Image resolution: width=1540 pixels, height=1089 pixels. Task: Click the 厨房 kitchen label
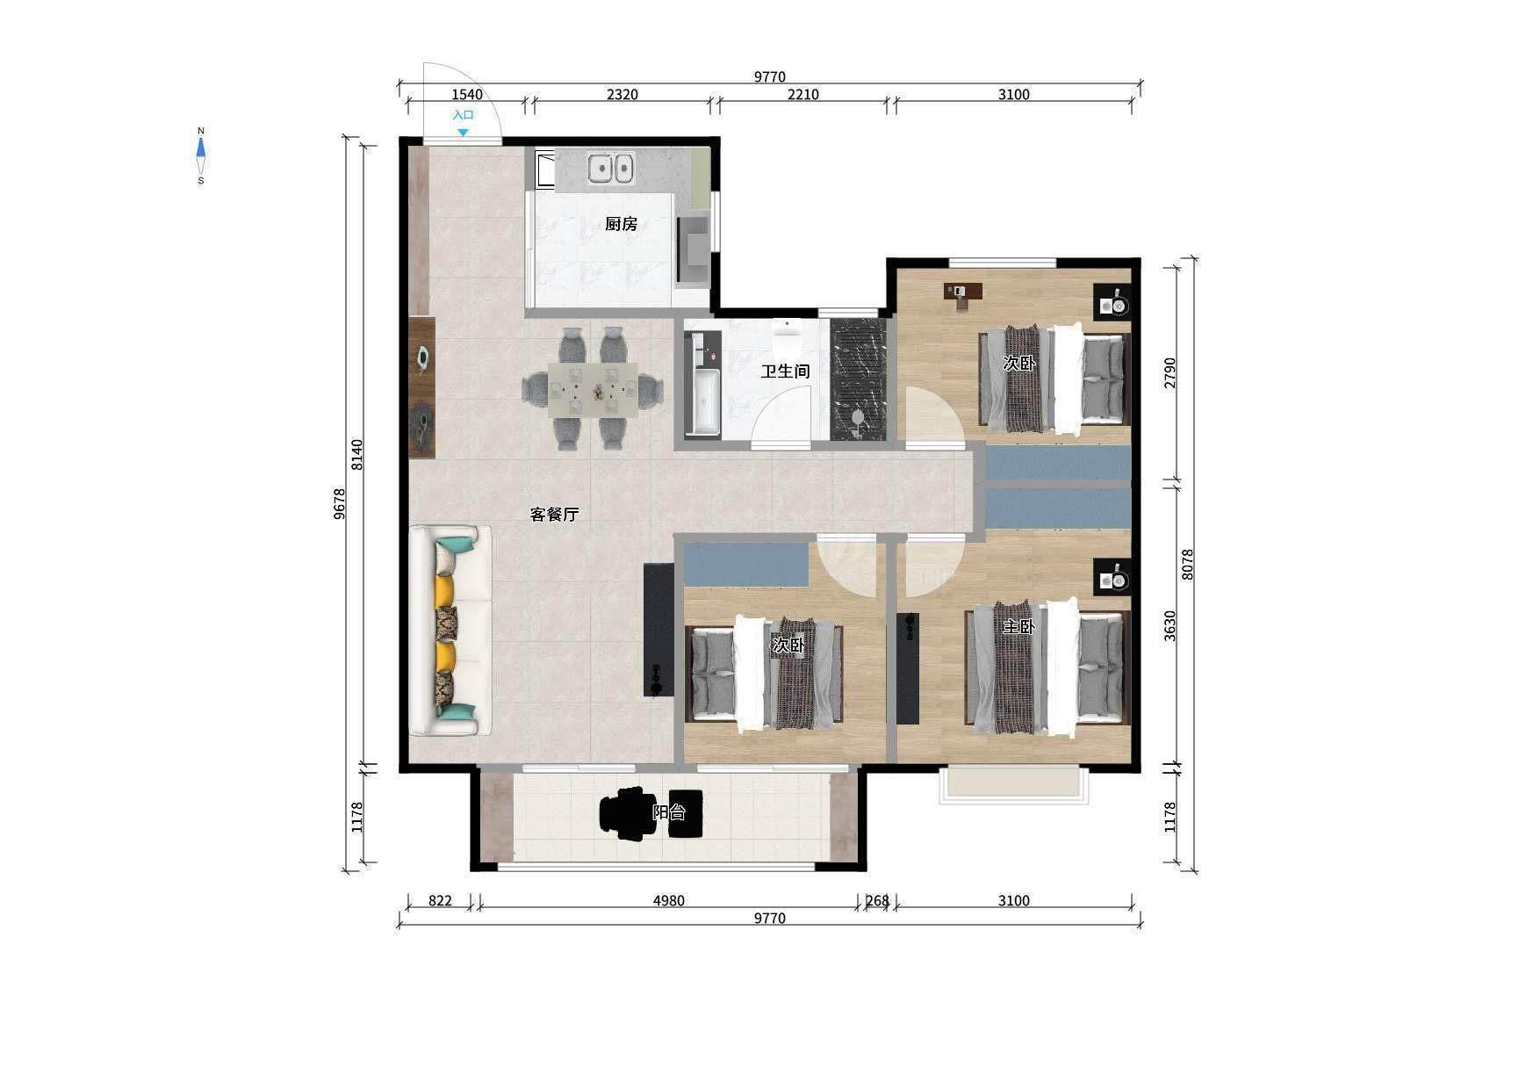(x=621, y=224)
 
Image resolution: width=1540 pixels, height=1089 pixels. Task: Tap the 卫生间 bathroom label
(x=785, y=371)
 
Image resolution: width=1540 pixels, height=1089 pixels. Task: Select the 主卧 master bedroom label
(x=1019, y=627)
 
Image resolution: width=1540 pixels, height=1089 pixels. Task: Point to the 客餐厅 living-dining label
(x=554, y=515)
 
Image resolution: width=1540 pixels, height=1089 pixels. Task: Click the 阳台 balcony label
(x=669, y=812)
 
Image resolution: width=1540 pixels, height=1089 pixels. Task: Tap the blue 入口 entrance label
(x=463, y=115)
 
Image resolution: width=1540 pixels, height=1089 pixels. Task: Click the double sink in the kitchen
(x=611, y=168)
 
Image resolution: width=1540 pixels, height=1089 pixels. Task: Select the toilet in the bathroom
(x=787, y=334)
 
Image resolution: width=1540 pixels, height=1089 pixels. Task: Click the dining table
(x=594, y=389)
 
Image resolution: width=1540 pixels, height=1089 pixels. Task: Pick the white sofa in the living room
(x=450, y=630)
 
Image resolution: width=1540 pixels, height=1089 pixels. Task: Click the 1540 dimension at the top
(x=466, y=95)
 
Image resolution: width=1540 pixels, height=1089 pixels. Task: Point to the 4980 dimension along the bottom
(x=668, y=901)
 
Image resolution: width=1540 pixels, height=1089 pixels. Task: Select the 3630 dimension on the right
(x=1169, y=626)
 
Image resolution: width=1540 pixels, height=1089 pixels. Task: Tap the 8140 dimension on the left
(x=356, y=455)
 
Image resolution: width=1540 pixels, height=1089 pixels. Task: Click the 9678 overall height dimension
(x=340, y=504)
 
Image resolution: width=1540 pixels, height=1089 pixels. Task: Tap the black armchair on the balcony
(x=627, y=813)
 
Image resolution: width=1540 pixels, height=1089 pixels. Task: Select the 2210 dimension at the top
(x=802, y=95)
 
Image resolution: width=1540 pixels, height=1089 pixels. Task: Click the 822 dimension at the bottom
(x=440, y=901)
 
